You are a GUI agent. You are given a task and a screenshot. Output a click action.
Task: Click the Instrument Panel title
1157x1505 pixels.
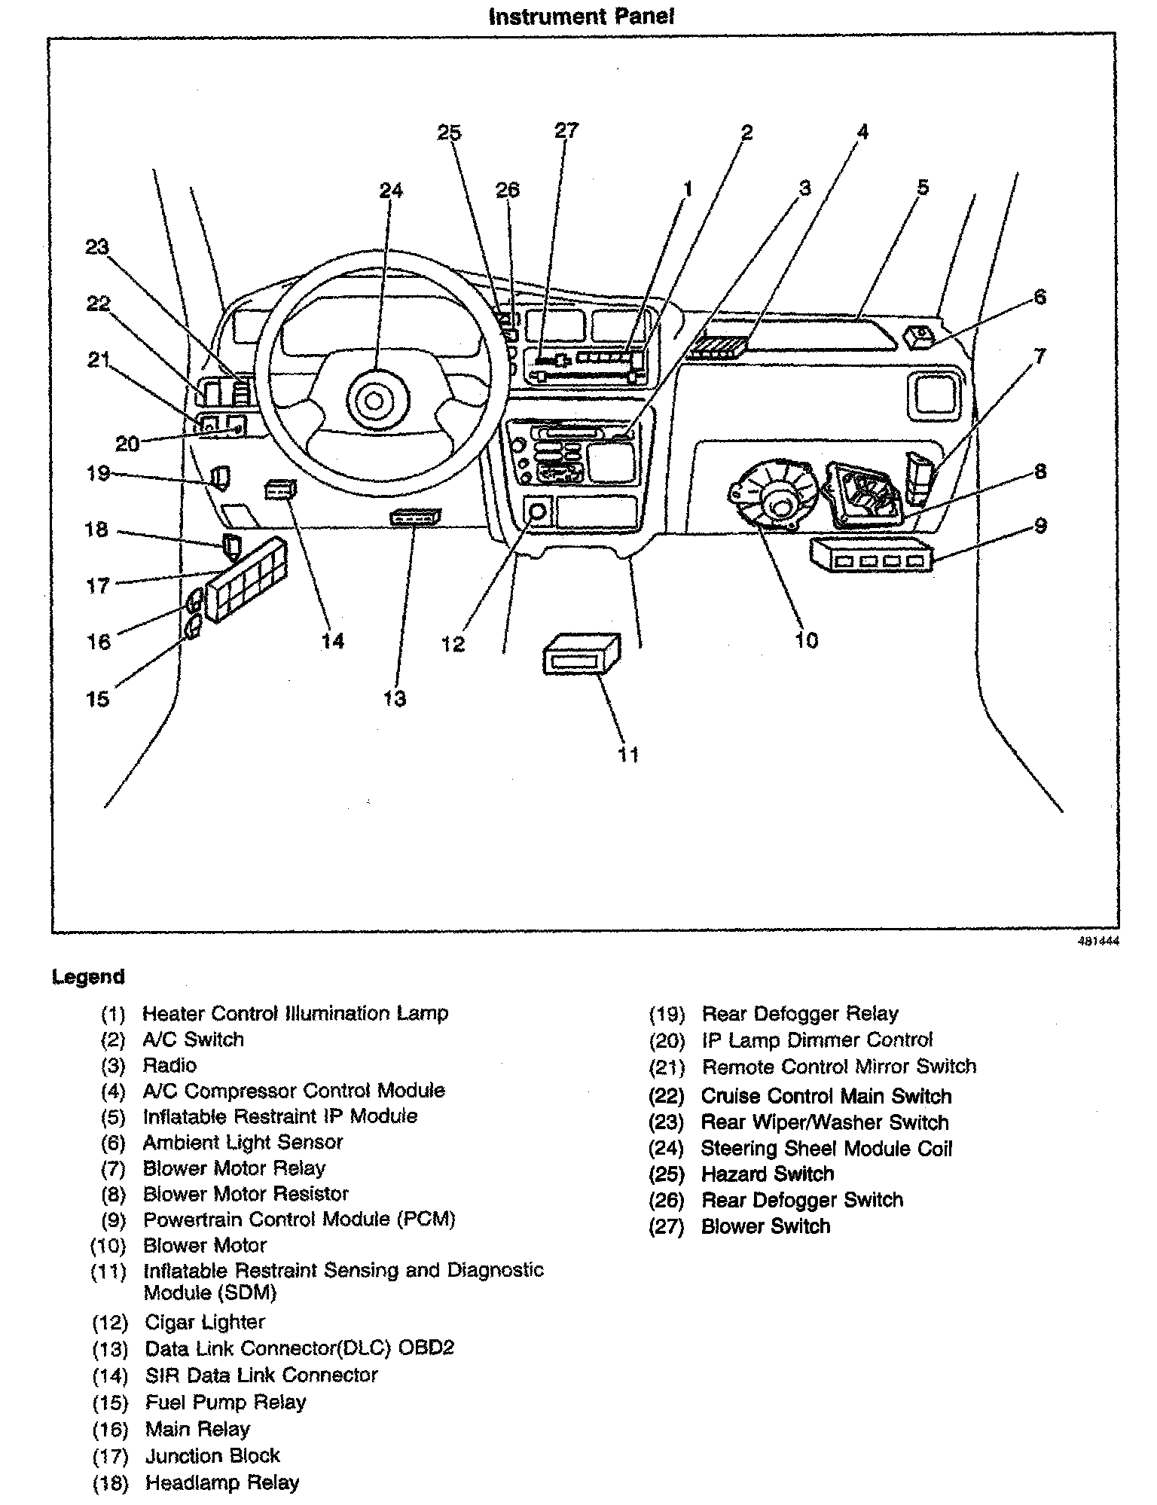[581, 17]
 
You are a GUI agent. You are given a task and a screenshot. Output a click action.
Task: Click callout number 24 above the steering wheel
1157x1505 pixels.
[391, 191]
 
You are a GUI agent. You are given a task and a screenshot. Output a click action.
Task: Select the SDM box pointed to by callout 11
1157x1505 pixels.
[582, 654]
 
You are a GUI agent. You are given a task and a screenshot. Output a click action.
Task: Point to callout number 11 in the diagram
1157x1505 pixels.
[628, 754]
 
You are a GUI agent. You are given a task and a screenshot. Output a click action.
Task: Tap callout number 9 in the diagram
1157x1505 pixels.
[1040, 525]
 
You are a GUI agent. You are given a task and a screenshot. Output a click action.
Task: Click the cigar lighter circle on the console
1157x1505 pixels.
[538, 512]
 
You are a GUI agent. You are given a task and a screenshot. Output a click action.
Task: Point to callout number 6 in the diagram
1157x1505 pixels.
[1039, 297]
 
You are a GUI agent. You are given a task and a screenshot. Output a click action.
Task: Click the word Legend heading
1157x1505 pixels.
[88, 977]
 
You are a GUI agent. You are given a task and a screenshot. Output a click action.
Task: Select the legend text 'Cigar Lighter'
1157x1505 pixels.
[205, 1322]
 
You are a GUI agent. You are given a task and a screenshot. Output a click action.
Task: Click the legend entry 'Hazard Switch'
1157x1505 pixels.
[767, 1174]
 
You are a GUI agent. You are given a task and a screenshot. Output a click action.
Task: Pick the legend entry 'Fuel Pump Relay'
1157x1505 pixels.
[225, 1402]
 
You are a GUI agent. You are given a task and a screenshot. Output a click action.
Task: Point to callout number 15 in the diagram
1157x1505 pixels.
[98, 699]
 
